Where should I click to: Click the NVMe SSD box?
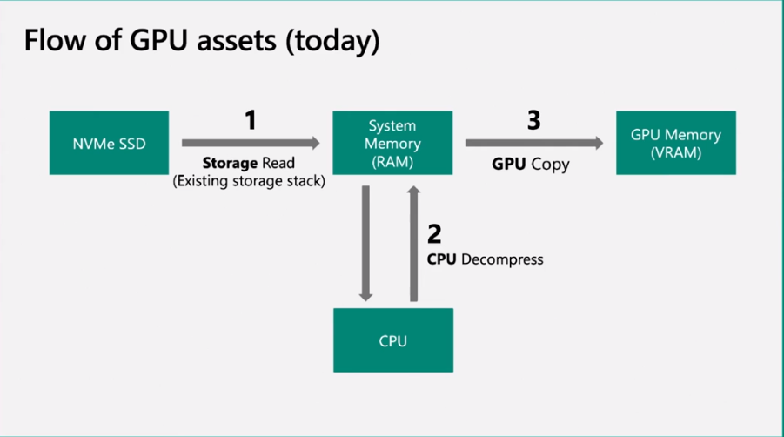[109, 143]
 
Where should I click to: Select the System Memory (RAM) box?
[393, 143]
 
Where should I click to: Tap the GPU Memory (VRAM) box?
[675, 143]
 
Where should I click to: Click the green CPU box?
[393, 340]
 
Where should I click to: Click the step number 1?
[251, 119]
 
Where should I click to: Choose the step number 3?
[533, 119]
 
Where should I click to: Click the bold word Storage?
[229, 163]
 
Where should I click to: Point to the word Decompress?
[502, 259]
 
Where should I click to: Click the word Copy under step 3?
[550, 163]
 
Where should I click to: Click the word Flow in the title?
[51, 41]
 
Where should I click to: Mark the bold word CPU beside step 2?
[442, 259]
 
